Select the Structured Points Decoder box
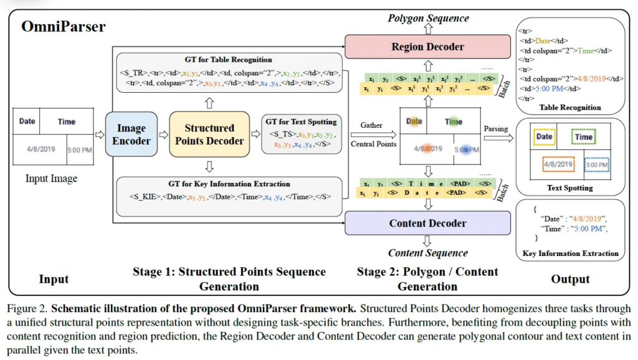[209, 134]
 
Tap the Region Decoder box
[428, 47]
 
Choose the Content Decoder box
[428, 223]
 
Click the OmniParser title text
[64, 27]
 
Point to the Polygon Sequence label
[428, 18]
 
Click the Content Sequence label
[428, 253]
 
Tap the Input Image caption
[51, 179]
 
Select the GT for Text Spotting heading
[301, 121]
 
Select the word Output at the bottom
[570, 279]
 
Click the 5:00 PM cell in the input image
[79, 150]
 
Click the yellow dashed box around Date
[544, 136]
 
